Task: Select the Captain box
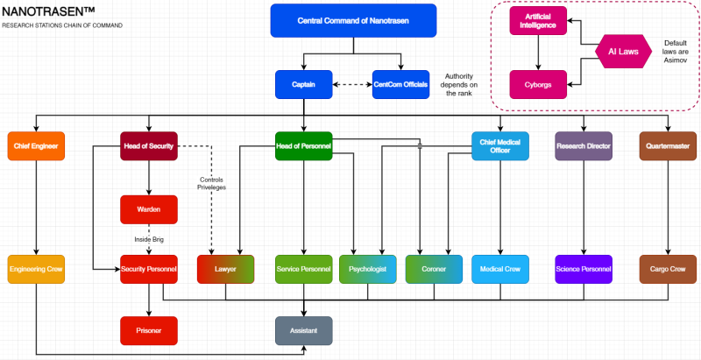pyautogui.click(x=304, y=85)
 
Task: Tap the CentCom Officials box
pyautogui.click(x=401, y=85)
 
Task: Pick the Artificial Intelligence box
pyautogui.click(x=539, y=21)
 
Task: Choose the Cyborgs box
pyautogui.click(x=539, y=84)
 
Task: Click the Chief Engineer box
pyautogui.click(x=36, y=145)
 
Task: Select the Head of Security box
pyautogui.click(x=149, y=145)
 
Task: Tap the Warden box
pyautogui.click(x=149, y=209)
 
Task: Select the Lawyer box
pyautogui.click(x=225, y=269)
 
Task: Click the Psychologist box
pyautogui.click(x=367, y=269)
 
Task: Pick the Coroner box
pyautogui.click(x=434, y=269)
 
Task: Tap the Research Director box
pyautogui.click(x=584, y=145)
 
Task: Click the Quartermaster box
pyautogui.click(x=668, y=145)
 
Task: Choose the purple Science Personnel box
pyautogui.click(x=584, y=269)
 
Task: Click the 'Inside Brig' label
pyautogui.click(x=149, y=239)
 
